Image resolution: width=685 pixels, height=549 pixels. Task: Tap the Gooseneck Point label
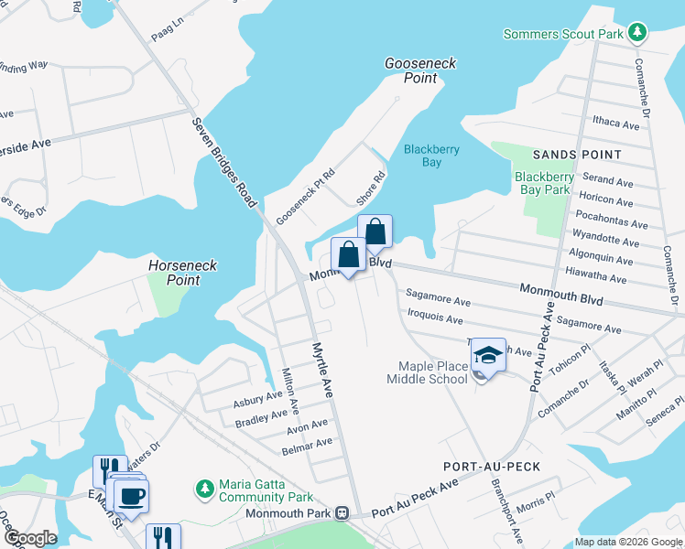click(420, 70)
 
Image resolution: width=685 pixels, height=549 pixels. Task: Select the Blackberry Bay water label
click(431, 156)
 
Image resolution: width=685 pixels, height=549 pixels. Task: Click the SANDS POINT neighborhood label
click(583, 155)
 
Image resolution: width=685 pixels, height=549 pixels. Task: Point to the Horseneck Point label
click(184, 273)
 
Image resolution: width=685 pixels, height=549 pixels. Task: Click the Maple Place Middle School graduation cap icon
click(489, 356)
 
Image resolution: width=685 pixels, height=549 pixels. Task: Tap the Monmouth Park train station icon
click(342, 513)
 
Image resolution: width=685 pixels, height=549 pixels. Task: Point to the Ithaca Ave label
click(616, 124)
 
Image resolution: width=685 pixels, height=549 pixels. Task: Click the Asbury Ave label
click(258, 400)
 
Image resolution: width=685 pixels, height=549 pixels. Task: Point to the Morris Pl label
click(536, 503)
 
